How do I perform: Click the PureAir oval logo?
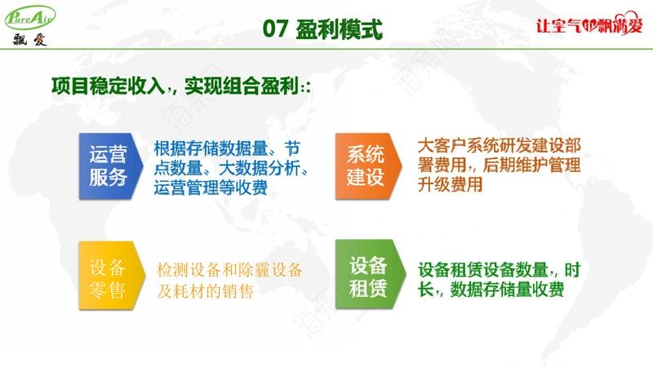tap(29, 17)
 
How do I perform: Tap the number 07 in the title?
tap(275, 29)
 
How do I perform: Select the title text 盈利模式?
tap(339, 29)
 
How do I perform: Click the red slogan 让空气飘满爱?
tap(589, 24)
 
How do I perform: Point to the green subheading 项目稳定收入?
tap(109, 86)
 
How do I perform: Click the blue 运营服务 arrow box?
tap(111, 166)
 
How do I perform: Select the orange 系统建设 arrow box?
tap(369, 166)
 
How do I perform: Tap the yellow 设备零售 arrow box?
tap(112, 275)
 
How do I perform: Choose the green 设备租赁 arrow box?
tap(371, 274)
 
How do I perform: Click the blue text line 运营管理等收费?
tap(211, 188)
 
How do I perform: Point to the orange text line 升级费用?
tap(450, 184)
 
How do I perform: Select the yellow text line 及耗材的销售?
tap(206, 291)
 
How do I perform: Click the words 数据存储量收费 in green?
tap(507, 290)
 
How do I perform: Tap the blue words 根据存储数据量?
tap(211, 148)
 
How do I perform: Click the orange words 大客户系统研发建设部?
tap(499, 146)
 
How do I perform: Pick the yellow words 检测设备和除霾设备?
tap(229, 270)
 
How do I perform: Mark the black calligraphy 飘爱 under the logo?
tap(29, 39)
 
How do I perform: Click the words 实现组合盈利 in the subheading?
tap(242, 86)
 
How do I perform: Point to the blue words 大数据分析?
tap(260, 168)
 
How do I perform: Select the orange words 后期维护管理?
tap(531, 165)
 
